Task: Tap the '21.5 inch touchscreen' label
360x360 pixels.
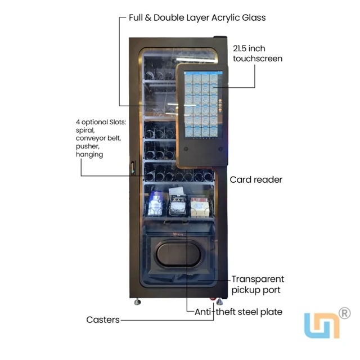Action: (258, 53)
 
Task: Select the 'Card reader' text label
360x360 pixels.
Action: (256, 180)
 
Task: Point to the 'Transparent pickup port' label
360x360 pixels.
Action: (258, 285)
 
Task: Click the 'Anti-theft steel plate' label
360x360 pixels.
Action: (238, 312)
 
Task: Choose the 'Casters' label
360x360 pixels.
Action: (103, 319)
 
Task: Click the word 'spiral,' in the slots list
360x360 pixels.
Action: (87, 130)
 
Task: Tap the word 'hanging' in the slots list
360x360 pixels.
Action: (89, 154)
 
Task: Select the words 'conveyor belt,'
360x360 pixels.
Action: (98, 138)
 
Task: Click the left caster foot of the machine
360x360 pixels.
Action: (137, 301)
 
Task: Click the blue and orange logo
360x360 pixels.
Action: (322, 325)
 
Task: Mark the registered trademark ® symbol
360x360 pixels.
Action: (345, 313)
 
